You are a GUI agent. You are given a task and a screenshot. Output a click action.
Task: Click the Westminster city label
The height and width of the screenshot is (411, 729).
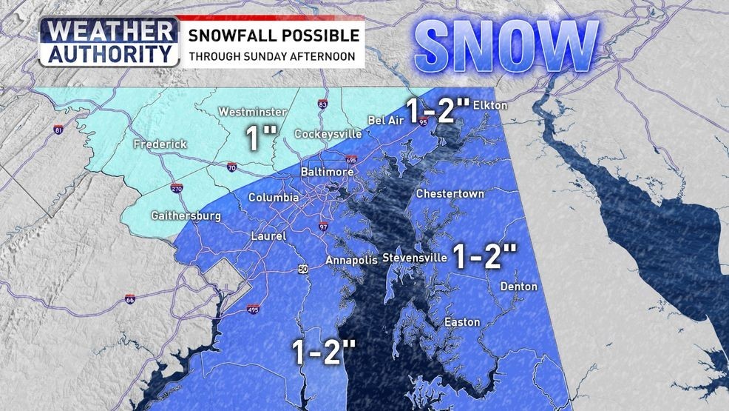(x=252, y=112)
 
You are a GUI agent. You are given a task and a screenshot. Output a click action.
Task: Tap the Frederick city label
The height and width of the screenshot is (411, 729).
(x=160, y=144)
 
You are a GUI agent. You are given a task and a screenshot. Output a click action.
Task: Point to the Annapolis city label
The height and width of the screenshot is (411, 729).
(x=352, y=260)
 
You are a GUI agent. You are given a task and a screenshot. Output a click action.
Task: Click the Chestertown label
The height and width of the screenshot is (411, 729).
(x=450, y=194)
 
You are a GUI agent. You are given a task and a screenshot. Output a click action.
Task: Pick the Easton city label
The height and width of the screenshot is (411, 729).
(x=461, y=322)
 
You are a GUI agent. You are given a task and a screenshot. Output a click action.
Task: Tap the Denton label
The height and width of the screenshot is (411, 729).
(x=518, y=287)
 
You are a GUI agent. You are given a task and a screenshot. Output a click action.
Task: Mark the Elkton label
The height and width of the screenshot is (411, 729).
(x=489, y=105)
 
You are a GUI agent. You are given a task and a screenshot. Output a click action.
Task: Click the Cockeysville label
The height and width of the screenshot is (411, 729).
(x=328, y=134)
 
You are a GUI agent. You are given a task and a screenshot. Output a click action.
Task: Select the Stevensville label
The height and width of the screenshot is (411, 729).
(x=415, y=258)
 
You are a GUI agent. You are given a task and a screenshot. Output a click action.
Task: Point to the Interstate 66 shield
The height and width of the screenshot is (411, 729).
(x=130, y=300)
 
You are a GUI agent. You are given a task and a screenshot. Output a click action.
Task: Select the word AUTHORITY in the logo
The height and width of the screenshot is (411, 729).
(x=109, y=53)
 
